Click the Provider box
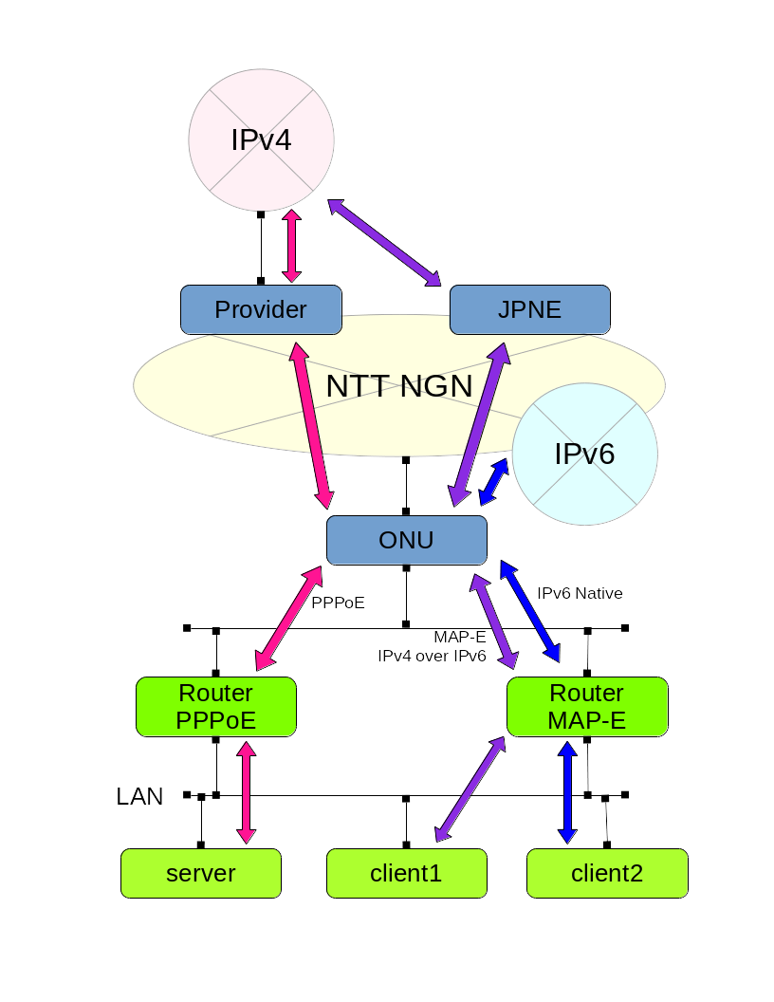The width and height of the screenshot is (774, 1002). point(261,310)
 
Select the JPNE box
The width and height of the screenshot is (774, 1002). point(529,310)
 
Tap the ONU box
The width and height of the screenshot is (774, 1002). point(406,540)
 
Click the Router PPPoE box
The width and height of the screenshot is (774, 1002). point(216,707)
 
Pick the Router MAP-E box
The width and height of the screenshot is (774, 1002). point(587,707)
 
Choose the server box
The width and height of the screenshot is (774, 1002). point(201,873)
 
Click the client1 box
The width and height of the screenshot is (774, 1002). point(406,873)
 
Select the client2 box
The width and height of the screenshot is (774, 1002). point(607,873)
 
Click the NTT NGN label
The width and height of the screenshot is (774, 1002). point(398,386)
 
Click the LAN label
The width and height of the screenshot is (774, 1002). point(139,797)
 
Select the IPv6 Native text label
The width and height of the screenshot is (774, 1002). point(580,594)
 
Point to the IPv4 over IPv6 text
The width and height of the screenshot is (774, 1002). point(432,656)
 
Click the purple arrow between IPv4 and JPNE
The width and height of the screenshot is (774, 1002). point(384,243)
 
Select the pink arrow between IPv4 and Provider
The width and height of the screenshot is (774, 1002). point(292,247)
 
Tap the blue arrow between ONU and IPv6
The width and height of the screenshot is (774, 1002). point(493,482)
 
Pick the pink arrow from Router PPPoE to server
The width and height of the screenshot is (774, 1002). point(247,792)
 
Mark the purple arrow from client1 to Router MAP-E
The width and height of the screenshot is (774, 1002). point(470,789)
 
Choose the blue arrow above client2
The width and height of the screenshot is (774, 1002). point(567,792)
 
